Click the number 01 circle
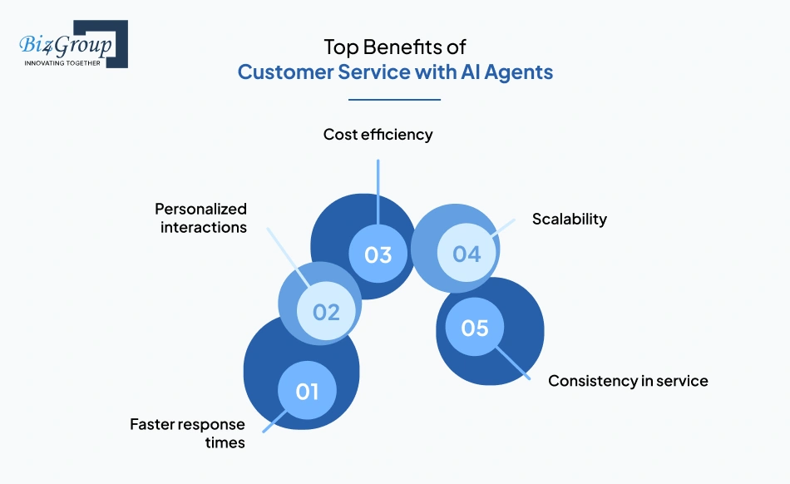[x=307, y=390]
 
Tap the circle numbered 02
[x=326, y=312]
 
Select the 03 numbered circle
[x=378, y=254]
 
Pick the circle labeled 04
[x=467, y=254]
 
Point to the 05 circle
[x=475, y=328]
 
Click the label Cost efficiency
[x=378, y=134]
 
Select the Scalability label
[x=570, y=220]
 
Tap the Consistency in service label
[x=628, y=381]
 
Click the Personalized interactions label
[x=201, y=217]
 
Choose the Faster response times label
[x=187, y=433]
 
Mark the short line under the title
[x=394, y=99]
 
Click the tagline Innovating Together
[x=62, y=62]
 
